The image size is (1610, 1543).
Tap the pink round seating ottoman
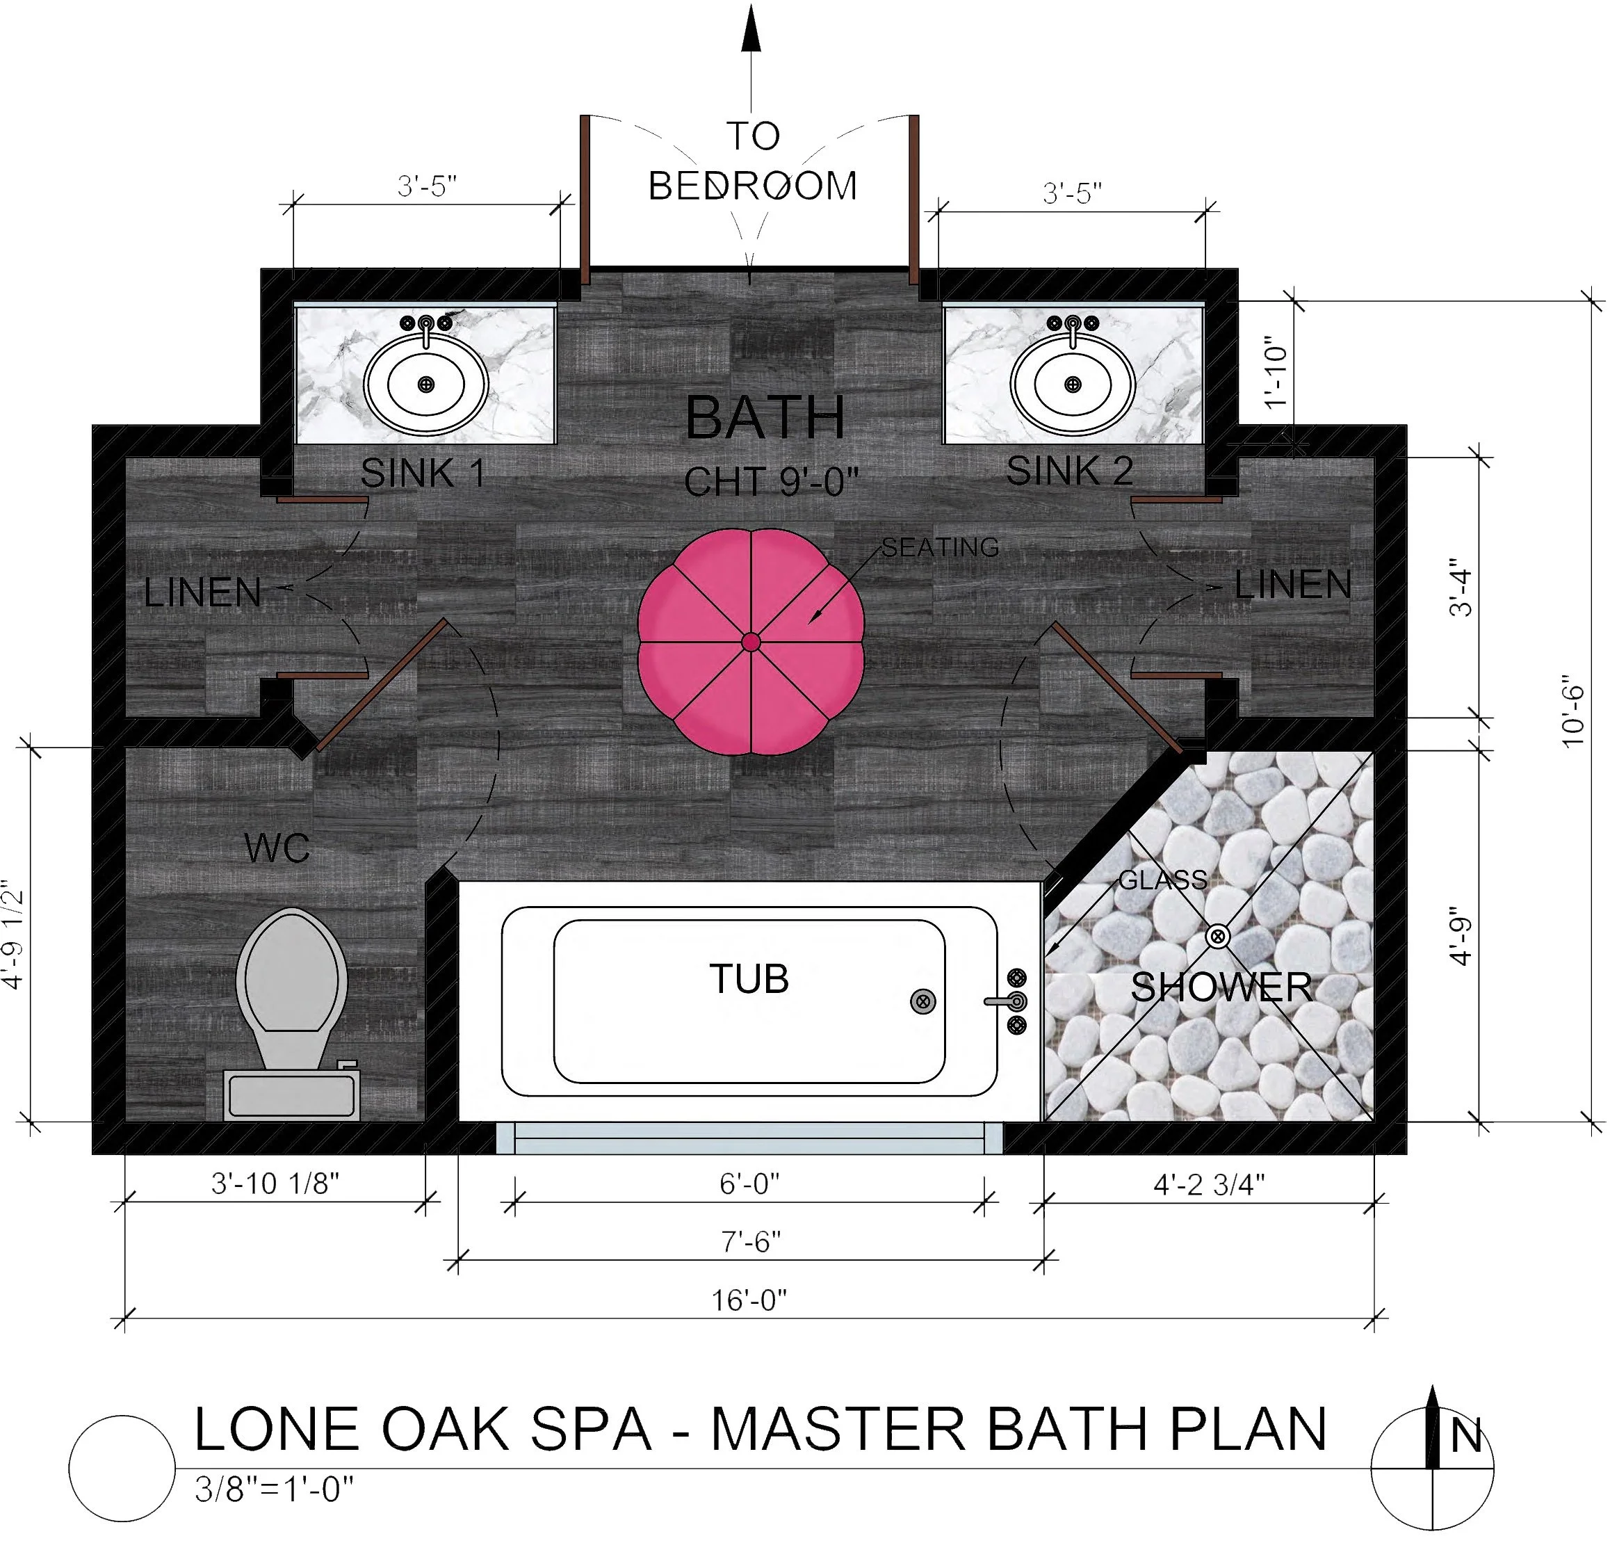click(750, 642)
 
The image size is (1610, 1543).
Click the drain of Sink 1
click(425, 384)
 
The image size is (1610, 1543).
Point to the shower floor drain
click(1217, 936)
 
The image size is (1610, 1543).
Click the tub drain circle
click(923, 1001)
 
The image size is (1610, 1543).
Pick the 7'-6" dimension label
click(750, 1241)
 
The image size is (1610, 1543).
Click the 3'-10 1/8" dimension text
click(275, 1183)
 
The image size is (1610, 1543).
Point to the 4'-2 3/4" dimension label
click(1208, 1184)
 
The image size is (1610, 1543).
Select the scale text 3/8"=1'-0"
click(273, 1489)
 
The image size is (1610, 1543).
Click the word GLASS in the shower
click(1162, 880)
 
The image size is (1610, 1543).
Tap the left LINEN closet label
click(202, 592)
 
